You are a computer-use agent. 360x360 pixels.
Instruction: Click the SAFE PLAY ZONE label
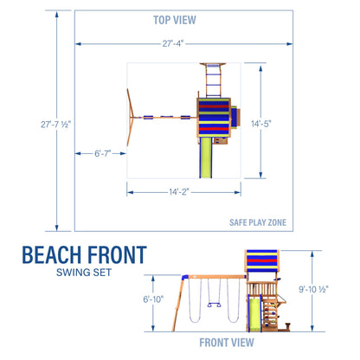255,222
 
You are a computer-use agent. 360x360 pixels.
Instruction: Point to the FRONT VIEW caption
227,343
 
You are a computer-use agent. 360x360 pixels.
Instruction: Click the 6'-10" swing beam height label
156,299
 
